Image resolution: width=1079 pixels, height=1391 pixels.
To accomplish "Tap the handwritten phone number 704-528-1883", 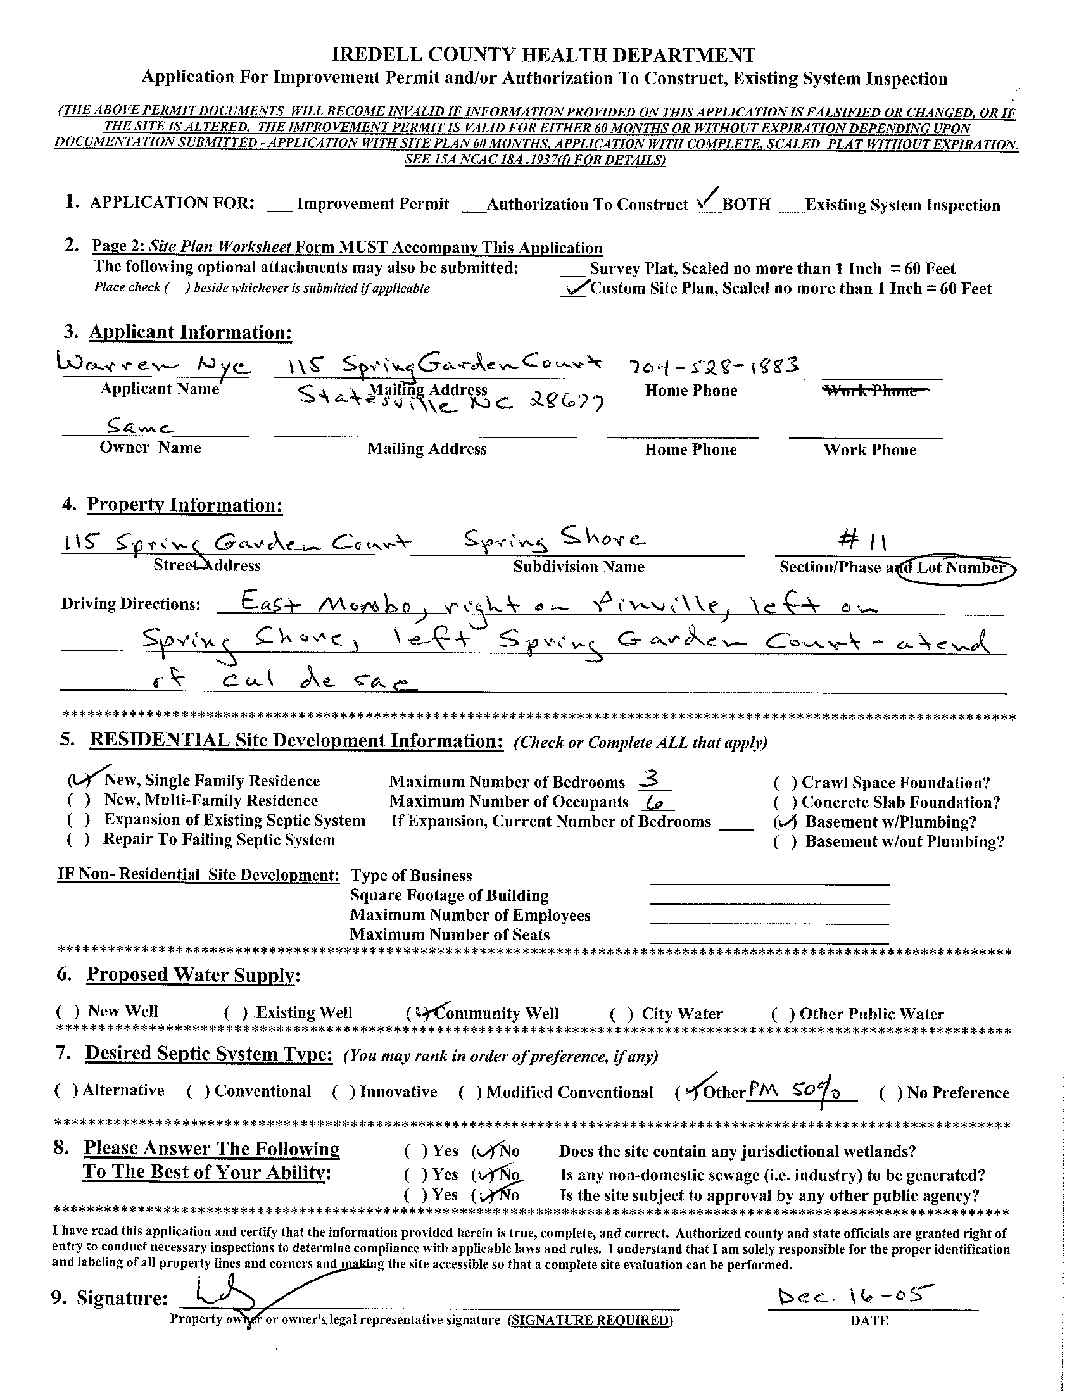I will click(714, 365).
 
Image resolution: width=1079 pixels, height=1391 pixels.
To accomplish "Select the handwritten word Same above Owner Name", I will click(139, 425).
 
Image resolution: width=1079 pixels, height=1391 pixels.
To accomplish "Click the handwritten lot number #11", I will click(862, 541).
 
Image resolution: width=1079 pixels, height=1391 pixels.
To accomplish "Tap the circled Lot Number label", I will click(959, 568).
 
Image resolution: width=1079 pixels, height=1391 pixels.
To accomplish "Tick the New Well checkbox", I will click(68, 1012).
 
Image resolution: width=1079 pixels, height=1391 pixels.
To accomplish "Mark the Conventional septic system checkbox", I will click(198, 1092).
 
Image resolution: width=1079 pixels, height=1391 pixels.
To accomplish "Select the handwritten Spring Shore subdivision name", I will click(553, 541).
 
